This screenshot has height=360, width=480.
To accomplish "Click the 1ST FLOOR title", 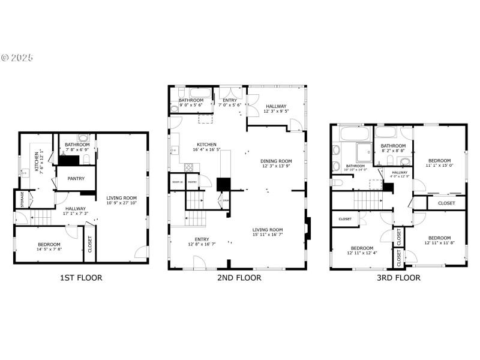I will click(80, 278).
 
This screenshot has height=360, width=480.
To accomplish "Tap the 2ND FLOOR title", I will click(239, 278).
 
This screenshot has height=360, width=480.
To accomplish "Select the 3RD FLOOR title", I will click(398, 278).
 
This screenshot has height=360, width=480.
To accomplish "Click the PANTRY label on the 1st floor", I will click(76, 178).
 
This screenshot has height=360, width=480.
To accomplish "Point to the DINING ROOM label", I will click(276, 161).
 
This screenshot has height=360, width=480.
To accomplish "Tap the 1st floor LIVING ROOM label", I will click(122, 198).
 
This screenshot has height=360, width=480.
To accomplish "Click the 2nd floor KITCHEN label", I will click(207, 145).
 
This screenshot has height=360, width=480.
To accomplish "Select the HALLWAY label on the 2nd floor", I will click(276, 106).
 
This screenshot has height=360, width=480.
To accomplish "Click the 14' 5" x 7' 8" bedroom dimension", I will click(49, 249).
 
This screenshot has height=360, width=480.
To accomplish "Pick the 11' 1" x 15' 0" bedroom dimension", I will click(440, 166).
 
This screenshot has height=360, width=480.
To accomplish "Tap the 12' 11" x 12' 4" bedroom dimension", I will click(362, 253).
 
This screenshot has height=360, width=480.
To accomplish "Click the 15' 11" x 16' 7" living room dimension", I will click(268, 235).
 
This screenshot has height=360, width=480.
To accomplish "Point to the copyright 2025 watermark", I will click(17, 58).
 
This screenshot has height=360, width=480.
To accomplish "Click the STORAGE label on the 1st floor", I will click(22, 198).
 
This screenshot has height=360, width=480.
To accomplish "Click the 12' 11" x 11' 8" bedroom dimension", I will click(440, 243).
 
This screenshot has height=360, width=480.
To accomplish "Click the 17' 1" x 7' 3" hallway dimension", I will click(76, 213).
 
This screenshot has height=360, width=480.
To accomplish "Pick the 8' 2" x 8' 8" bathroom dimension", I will click(394, 151).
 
